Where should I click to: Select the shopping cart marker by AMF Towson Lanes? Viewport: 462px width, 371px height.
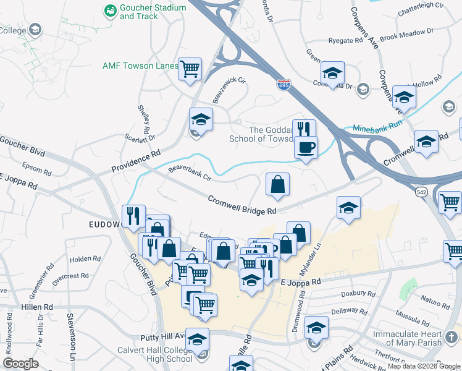(x=190, y=69)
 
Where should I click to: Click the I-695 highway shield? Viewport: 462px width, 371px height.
(x=283, y=85)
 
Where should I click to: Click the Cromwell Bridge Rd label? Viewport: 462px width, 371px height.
(x=241, y=205)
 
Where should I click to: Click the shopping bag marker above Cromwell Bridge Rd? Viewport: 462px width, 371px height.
(x=277, y=185)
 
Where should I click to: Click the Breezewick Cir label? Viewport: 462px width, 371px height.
(x=229, y=89)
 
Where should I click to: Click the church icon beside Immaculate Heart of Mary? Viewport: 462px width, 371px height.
(x=451, y=337)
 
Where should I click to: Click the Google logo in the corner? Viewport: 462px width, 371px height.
(x=20, y=364)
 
